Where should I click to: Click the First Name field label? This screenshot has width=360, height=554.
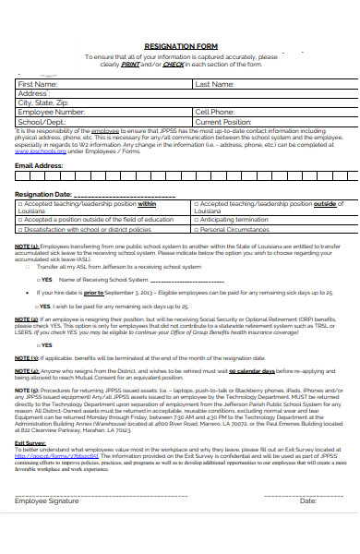38,84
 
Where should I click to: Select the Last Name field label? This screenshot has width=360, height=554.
213,84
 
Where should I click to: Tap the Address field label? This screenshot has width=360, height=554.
33,93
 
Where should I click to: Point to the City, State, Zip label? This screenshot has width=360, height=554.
43,102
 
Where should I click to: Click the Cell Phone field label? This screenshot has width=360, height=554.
214,112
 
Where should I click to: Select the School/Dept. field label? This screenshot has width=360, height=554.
42,121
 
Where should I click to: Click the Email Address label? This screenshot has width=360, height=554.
39,165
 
